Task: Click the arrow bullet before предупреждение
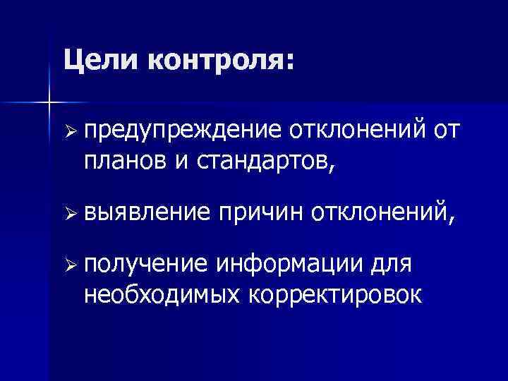[x=68, y=133]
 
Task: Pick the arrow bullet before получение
[x=68, y=264]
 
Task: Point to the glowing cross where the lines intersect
[x=49, y=103]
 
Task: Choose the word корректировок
[x=335, y=295]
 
